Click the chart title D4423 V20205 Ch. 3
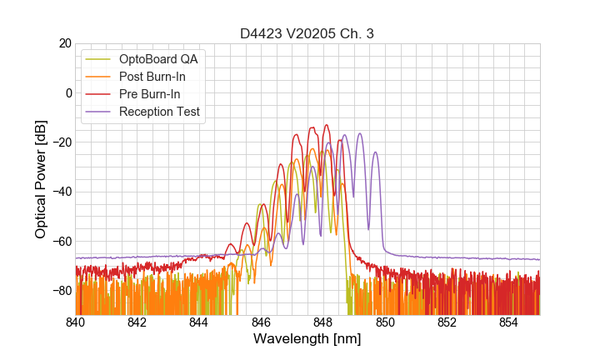[307, 34]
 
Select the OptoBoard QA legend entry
[158, 59]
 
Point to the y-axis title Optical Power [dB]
[41, 179]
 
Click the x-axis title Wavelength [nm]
[307, 339]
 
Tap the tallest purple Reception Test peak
[360, 134]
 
